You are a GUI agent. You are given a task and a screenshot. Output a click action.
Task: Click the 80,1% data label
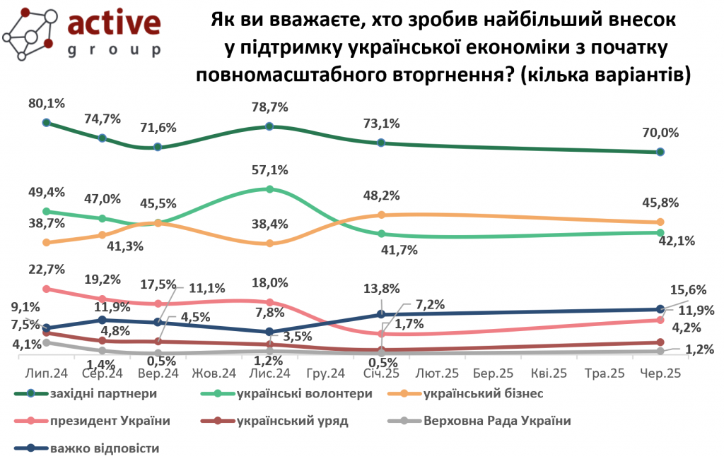point(47,104)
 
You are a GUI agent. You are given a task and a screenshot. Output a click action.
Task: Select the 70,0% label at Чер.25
point(660,133)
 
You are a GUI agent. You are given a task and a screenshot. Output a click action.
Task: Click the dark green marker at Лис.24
point(269,126)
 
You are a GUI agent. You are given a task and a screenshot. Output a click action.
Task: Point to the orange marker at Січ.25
point(381,215)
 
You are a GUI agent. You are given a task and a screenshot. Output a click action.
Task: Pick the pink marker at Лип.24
point(47,289)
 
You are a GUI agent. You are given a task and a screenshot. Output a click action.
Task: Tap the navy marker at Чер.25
point(660,309)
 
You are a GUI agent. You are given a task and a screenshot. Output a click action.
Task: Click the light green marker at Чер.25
point(660,233)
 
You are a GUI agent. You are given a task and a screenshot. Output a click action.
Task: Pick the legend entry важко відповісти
point(105,448)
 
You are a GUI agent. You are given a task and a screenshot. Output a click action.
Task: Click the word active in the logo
point(114,25)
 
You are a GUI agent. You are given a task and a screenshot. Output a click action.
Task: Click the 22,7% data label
point(47,269)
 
